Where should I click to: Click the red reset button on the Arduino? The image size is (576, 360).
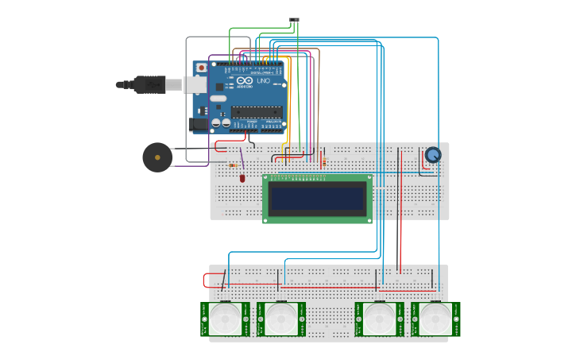[x=201, y=68]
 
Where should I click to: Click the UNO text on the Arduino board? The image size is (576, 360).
[x=263, y=81]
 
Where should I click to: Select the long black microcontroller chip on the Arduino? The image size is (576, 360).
[x=257, y=112]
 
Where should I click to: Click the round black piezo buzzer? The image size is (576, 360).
[x=157, y=157]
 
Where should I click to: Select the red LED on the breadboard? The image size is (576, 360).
[x=242, y=178]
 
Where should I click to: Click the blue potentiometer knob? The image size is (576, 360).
[x=432, y=155]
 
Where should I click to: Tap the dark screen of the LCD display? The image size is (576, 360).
[x=318, y=198]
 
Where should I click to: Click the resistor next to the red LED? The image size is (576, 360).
[x=233, y=165]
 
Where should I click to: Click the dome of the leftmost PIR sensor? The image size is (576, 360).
[x=225, y=319]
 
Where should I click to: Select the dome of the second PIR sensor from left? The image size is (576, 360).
[x=281, y=319]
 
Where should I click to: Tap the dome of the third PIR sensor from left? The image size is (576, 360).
[x=379, y=319]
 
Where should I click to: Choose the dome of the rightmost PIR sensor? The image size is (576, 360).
[x=435, y=319]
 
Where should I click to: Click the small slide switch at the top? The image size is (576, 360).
[x=296, y=19]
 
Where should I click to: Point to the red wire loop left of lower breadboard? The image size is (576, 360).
[x=206, y=280]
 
